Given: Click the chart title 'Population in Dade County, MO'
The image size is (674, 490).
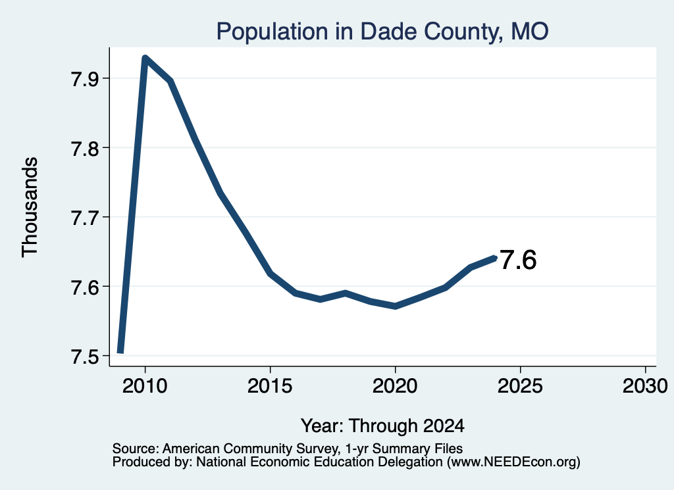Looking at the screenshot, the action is pos(382,32).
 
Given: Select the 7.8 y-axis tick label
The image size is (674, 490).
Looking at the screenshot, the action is pos(84,148).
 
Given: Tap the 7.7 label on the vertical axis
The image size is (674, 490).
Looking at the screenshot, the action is pos(84,218).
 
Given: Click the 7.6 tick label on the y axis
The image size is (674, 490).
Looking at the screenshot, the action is pos(84,287).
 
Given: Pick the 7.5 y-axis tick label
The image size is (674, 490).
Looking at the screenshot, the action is pos(84,356).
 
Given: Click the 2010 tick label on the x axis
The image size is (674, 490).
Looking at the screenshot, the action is pos(145,386).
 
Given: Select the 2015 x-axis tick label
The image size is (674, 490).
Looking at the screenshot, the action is pos(270,386).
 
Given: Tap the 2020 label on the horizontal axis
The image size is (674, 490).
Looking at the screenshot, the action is pos(395,386).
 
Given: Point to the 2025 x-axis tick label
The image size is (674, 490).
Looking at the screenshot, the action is pos(520,386).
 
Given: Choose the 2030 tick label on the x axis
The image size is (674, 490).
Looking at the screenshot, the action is pos(645,386).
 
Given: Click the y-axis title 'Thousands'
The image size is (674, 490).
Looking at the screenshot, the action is pos(30,207).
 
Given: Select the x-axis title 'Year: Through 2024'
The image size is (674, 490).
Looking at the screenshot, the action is pos(382,426).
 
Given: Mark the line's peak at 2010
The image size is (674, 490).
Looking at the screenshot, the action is pos(145,58).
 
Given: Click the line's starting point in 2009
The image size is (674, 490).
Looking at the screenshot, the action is pos(120,352).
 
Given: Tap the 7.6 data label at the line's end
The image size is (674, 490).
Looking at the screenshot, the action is pos(519,260).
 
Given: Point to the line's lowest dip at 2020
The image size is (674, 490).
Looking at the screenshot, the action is pos(396,306).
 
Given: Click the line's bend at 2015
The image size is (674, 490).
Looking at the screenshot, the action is pos(271,273).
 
